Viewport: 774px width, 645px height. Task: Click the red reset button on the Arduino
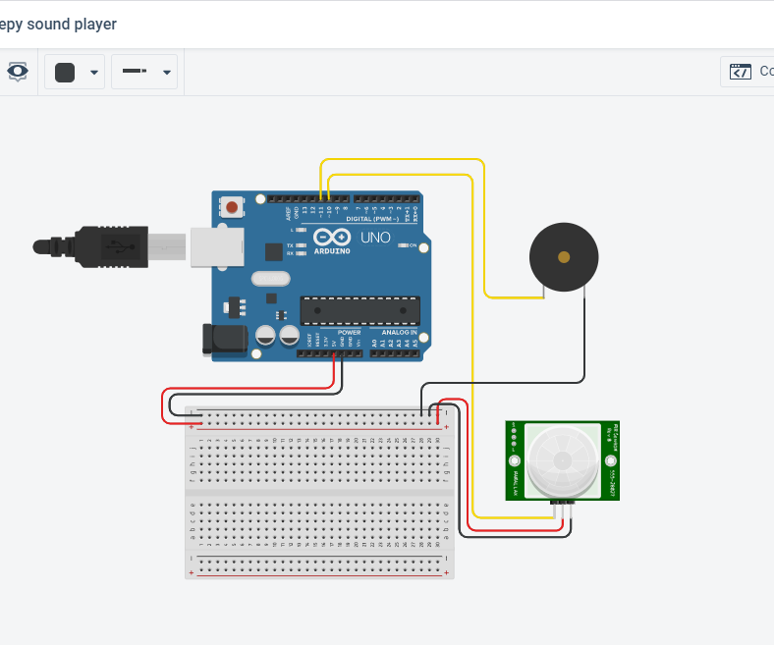[x=233, y=207]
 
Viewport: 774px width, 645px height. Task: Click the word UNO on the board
[x=376, y=238]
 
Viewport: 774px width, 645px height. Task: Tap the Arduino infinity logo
[x=332, y=237]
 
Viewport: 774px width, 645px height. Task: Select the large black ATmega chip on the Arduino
[x=359, y=310]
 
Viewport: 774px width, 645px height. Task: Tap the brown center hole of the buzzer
[x=563, y=257]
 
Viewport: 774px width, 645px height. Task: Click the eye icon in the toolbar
[x=18, y=72]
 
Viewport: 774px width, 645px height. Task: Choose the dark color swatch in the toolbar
[x=65, y=72]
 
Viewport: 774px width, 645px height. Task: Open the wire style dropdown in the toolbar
[x=144, y=72]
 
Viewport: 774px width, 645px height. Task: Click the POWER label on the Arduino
[x=349, y=333]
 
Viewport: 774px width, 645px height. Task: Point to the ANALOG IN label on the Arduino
[x=400, y=333]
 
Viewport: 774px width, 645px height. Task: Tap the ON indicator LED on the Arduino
[x=404, y=245]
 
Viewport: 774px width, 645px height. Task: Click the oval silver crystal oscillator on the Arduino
[x=271, y=279]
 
